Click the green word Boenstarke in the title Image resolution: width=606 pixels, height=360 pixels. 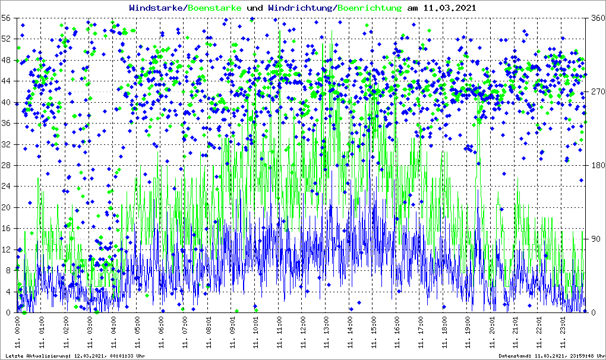(x=214, y=8)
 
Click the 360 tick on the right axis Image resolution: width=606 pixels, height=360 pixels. (x=596, y=18)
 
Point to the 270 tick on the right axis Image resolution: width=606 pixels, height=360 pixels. (x=596, y=92)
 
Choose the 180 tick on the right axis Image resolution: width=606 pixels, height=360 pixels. (x=596, y=166)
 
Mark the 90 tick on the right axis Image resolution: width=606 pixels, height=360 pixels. (x=596, y=239)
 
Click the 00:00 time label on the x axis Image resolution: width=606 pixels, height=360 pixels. (x=18, y=333)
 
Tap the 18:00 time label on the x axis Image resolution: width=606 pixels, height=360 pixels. (x=444, y=333)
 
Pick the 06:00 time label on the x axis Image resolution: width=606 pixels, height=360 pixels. (x=160, y=333)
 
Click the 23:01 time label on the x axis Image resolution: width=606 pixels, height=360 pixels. (x=563, y=333)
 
